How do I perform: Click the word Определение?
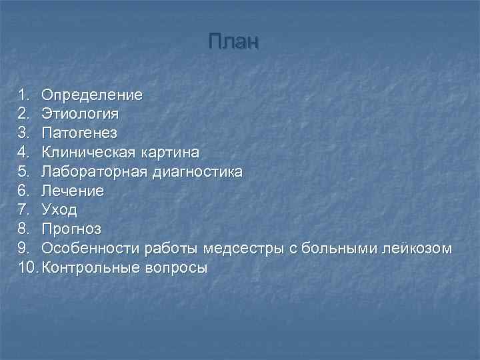[x=92, y=95]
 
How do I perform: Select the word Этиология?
[x=81, y=114]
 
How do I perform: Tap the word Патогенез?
[x=80, y=133]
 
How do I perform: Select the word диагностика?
[x=197, y=172]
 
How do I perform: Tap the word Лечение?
[x=73, y=191]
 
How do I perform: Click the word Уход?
[x=59, y=211]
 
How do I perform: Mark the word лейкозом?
[x=417, y=249]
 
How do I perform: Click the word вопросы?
[x=176, y=269]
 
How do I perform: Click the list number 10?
[x=28, y=269]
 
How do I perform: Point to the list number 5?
[x=23, y=172]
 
